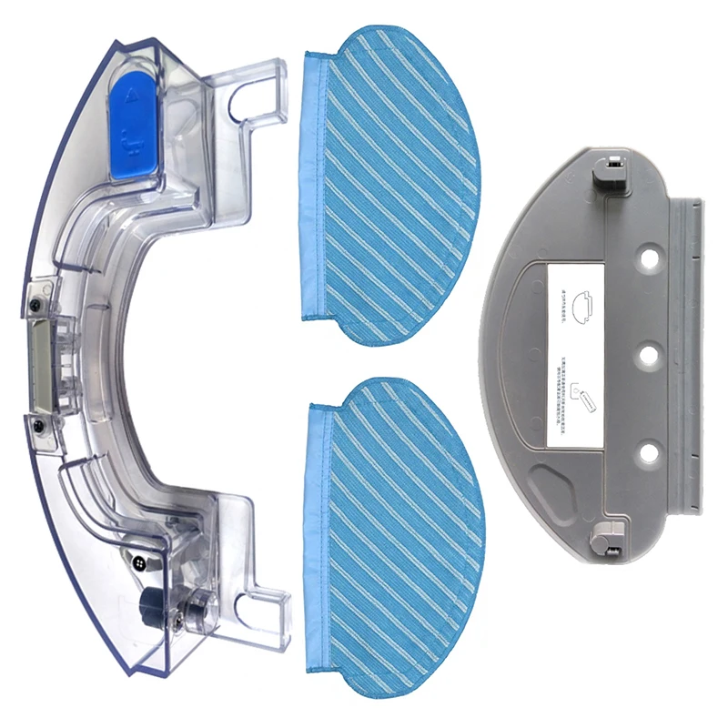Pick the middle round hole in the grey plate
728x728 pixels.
coord(648,352)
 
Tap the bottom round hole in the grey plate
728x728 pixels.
coord(648,449)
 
